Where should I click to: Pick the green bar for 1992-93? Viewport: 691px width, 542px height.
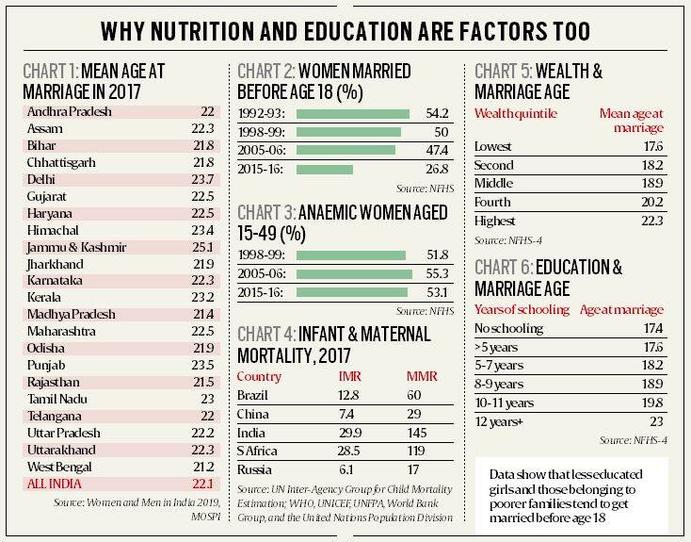(x=352, y=113)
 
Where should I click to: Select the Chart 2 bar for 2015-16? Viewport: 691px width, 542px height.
(x=324, y=170)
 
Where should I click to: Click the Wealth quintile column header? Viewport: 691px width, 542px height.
(x=516, y=114)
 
